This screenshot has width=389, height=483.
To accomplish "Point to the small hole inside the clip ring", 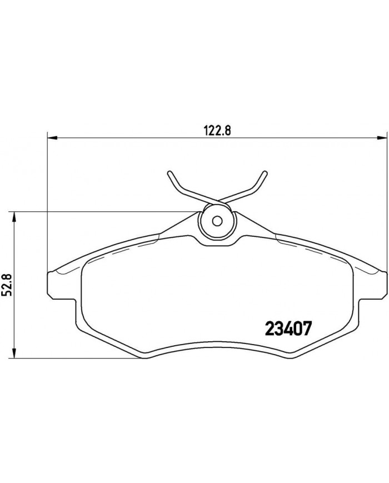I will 218,220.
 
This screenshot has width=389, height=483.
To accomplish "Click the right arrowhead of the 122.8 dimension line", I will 383,136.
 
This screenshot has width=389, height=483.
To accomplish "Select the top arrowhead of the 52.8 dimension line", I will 15,216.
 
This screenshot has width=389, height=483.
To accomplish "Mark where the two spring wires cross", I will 217,198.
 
